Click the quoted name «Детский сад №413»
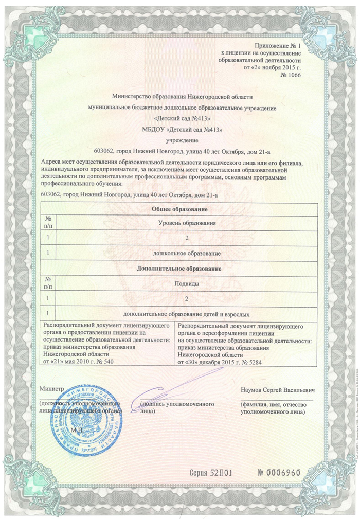(x=182, y=118)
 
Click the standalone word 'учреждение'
(x=182, y=140)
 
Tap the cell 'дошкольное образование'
(x=187, y=254)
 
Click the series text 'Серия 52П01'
(x=212, y=473)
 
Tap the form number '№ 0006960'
(x=278, y=473)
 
